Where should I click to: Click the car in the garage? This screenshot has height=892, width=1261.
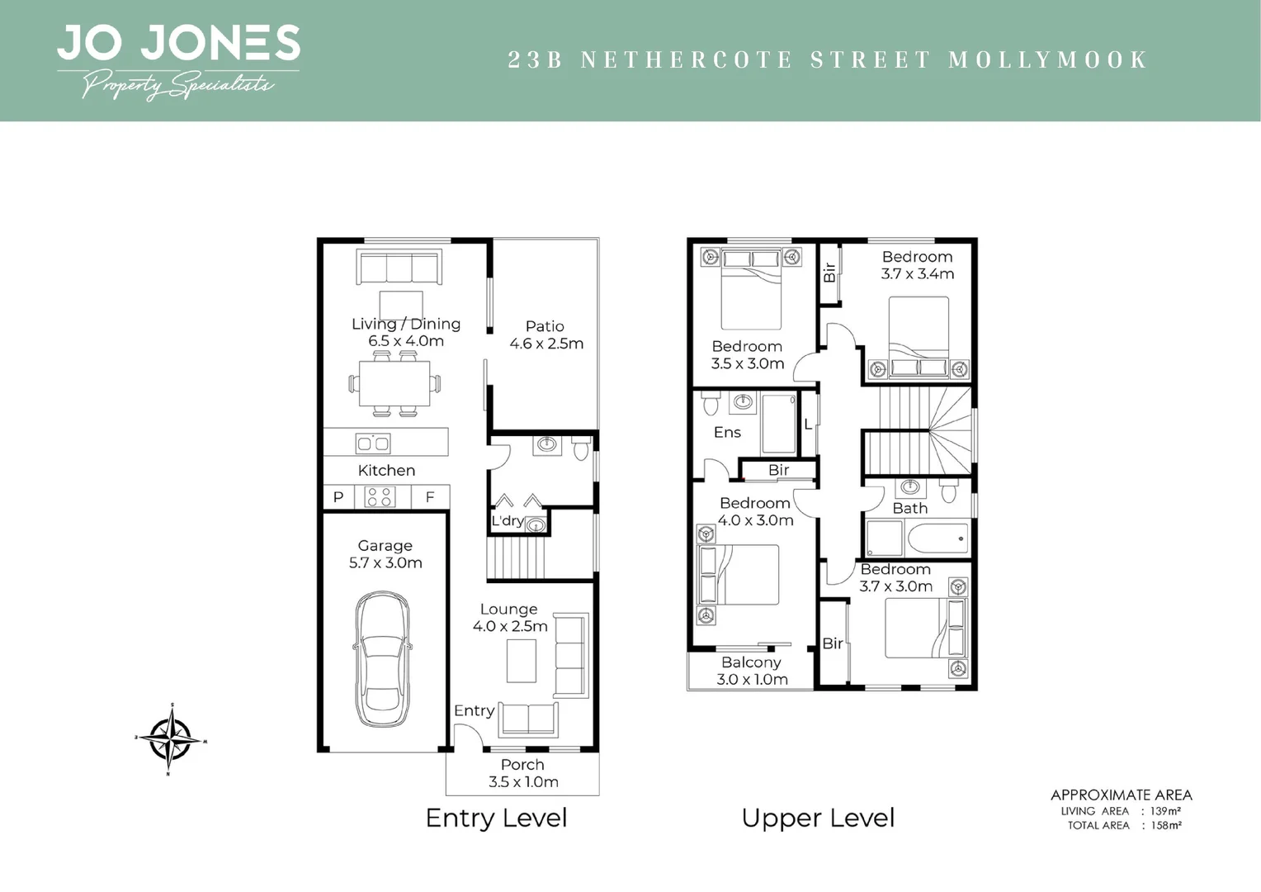[381, 658]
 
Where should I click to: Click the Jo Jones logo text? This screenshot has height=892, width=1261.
[178, 44]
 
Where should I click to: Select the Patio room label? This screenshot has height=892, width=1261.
[545, 326]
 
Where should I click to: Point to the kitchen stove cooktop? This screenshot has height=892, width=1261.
[380, 496]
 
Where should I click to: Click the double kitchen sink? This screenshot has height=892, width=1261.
[373, 444]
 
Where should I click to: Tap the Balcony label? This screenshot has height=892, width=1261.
[751, 662]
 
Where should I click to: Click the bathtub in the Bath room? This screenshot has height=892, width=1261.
[937, 539]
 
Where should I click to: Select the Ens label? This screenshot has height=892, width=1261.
[727, 432]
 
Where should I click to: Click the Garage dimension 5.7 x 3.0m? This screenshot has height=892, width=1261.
[385, 563]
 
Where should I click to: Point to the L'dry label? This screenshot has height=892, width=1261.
[507, 520]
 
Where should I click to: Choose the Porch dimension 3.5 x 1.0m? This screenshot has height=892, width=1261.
[523, 782]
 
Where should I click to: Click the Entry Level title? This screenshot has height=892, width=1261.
[496, 818]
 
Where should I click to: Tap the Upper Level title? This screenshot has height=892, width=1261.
[818, 818]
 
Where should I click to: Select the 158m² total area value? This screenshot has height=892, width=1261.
[1166, 825]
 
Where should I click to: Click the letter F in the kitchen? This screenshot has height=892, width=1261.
[429, 497]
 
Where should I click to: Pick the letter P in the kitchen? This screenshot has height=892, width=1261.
[338, 497]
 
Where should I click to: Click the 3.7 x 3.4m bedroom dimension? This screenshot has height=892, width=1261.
[917, 274]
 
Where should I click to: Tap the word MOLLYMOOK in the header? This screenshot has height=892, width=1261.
[1047, 59]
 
